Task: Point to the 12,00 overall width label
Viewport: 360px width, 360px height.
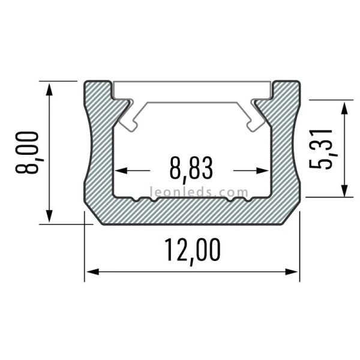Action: tap(191, 251)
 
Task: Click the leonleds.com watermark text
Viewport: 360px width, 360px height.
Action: tap(191, 193)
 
